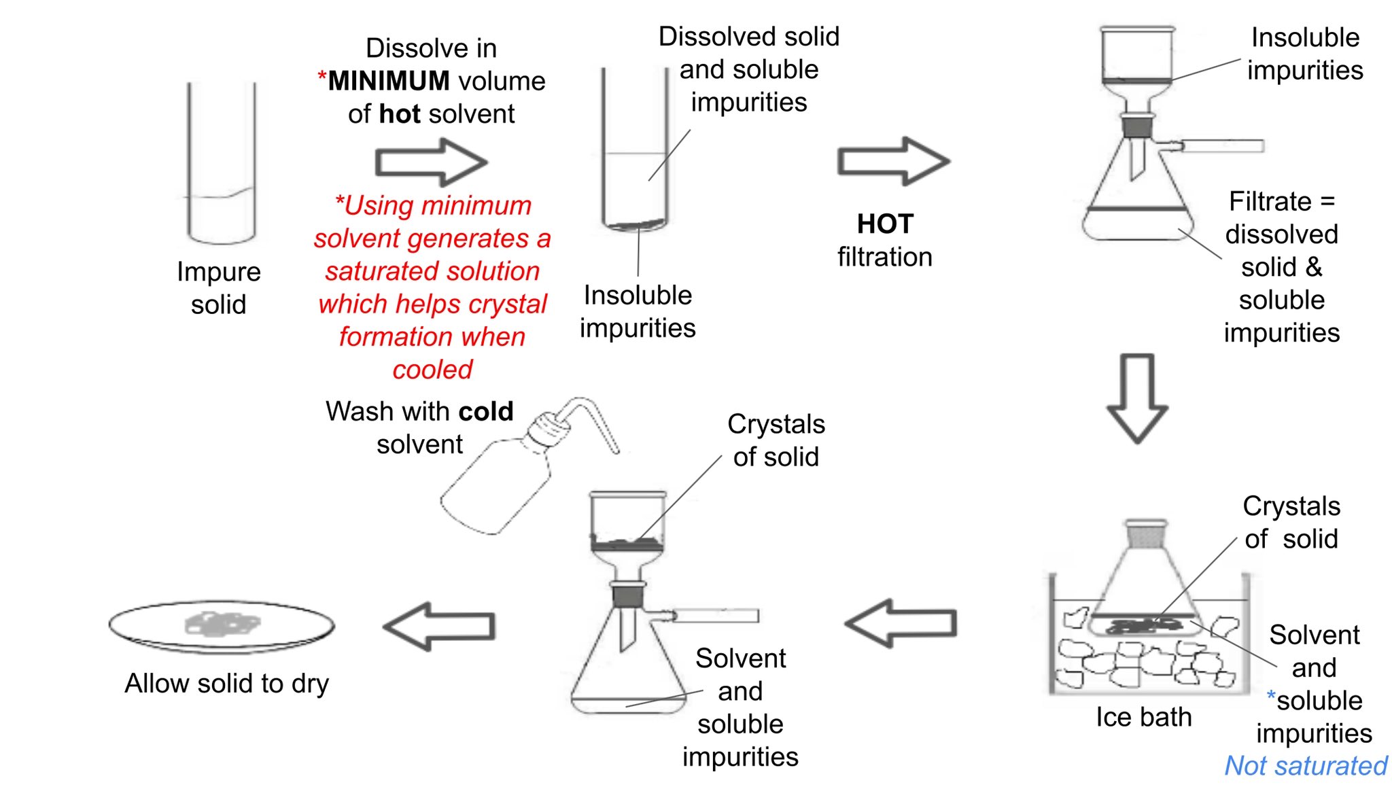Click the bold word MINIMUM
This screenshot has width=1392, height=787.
pyautogui.click(x=388, y=82)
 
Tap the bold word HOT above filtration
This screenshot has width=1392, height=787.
pyautogui.click(x=885, y=224)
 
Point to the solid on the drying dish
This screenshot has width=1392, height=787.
pyautogui.click(x=222, y=623)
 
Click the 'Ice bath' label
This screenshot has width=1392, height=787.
pyautogui.click(x=1143, y=718)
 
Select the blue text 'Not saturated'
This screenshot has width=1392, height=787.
pyautogui.click(x=1305, y=766)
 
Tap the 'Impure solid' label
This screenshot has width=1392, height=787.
pyautogui.click(x=218, y=288)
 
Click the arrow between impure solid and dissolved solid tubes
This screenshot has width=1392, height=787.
pyautogui.click(x=431, y=162)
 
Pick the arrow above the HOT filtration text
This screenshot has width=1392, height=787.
pyautogui.click(x=892, y=161)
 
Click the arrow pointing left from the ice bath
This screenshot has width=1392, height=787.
pyautogui.click(x=901, y=623)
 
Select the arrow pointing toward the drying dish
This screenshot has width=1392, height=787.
pyautogui.click(x=440, y=627)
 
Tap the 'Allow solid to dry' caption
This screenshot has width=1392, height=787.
pyautogui.click(x=226, y=684)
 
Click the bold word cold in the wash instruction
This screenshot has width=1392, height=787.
pyautogui.click(x=485, y=412)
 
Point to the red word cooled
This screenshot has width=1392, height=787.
pyautogui.click(x=432, y=370)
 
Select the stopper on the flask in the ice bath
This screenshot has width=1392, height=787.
pyautogui.click(x=1146, y=534)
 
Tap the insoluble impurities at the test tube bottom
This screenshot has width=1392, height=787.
pyautogui.click(x=635, y=224)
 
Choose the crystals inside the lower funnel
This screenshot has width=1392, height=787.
pyautogui.click(x=626, y=543)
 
